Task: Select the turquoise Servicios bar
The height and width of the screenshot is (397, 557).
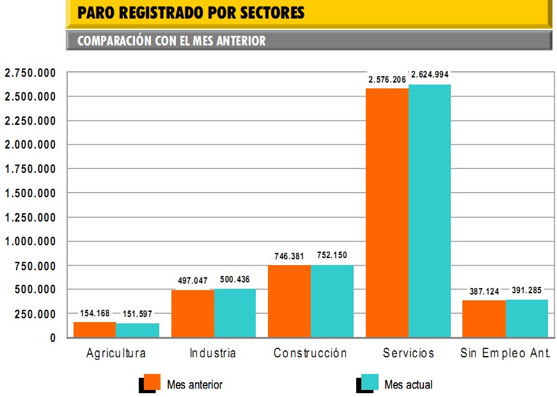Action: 430,211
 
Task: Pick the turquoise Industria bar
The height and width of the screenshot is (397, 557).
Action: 235,313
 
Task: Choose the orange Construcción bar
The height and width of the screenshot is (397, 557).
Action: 289,301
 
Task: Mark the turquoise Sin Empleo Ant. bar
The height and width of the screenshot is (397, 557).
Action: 527,318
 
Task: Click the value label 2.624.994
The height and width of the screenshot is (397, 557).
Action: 430,74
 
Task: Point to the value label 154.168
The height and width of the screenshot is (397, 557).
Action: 95,313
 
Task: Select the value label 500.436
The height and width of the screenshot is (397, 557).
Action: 235,280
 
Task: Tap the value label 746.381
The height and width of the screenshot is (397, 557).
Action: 289,255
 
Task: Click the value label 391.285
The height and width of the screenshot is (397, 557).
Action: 527,291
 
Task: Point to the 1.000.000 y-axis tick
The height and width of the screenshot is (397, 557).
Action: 30,241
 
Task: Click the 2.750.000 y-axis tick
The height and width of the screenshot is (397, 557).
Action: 30,73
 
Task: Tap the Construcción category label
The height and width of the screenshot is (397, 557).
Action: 310,353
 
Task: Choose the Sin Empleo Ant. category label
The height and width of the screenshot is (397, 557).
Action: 505,353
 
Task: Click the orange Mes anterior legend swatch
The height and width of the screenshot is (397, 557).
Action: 152,382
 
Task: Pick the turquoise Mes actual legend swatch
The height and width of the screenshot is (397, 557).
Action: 369,382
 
